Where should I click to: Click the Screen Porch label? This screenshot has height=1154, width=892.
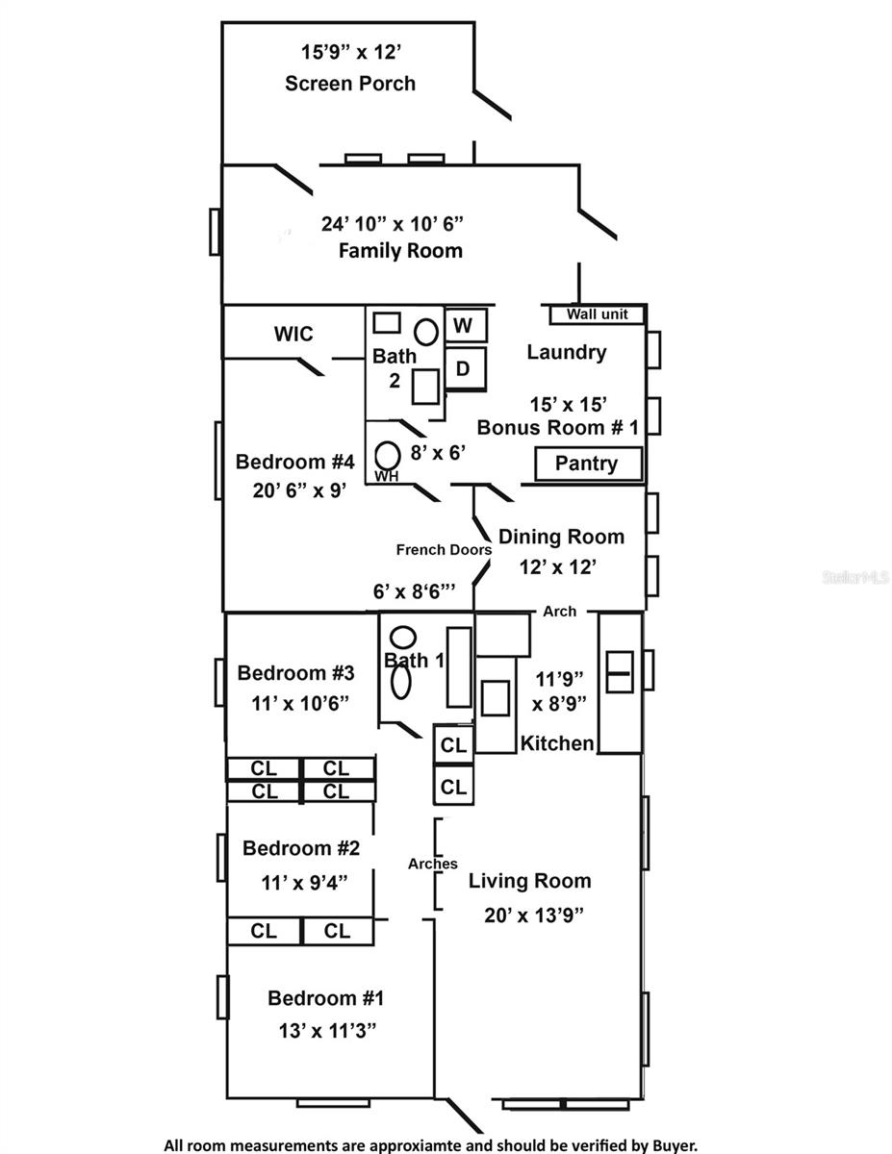click(350, 84)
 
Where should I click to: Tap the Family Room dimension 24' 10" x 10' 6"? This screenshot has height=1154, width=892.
click(393, 224)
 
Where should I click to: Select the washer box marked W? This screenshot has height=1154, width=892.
click(464, 326)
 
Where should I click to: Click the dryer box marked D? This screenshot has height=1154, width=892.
click(463, 368)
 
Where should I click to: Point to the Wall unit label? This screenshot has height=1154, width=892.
click(597, 314)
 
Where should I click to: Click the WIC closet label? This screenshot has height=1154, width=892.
click(293, 334)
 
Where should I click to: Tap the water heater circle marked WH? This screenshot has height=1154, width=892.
click(387, 454)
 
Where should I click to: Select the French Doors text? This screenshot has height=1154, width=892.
click(444, 550)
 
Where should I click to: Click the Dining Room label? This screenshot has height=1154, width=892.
click(561, 537)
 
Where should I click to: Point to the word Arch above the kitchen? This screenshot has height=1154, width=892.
click(560, 611)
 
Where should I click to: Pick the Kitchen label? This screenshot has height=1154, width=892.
click(557, 743)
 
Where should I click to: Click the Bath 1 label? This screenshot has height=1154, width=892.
click(414, 661)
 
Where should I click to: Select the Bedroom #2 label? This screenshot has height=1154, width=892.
click(301, 848)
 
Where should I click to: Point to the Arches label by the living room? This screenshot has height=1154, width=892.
click(432, 864)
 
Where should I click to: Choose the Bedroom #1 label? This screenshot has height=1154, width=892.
click(325, 998)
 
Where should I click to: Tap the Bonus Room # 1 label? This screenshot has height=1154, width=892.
click(558, 427)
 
